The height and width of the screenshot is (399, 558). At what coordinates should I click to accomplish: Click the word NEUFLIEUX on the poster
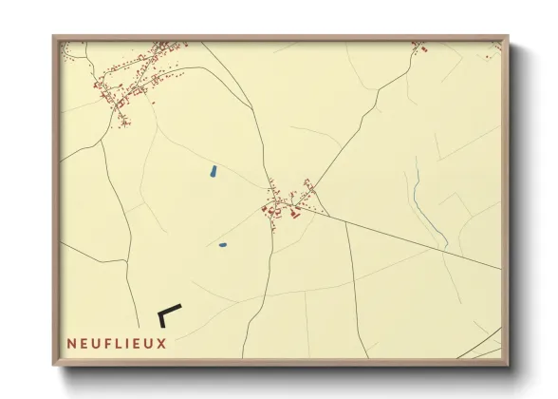116,343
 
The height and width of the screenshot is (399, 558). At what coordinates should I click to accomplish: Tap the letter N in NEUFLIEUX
71,343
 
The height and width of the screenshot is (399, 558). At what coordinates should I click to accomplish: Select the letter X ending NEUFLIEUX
161,343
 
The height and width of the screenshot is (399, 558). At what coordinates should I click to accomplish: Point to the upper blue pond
213,173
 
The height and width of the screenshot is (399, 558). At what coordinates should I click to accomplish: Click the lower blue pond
222,244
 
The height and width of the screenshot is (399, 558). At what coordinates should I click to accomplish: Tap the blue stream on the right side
418,199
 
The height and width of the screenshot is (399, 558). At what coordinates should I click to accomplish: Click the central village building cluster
283,201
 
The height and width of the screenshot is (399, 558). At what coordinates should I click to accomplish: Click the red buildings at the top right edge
418,45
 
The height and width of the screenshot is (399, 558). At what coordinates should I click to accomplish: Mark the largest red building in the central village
294,214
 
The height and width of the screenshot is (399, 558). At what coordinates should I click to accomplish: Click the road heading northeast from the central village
351,133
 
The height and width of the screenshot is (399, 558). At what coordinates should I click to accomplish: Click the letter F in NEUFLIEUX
105,343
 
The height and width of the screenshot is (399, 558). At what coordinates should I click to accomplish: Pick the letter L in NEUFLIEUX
117,343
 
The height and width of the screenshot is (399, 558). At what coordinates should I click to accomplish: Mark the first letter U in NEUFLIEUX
94,343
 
